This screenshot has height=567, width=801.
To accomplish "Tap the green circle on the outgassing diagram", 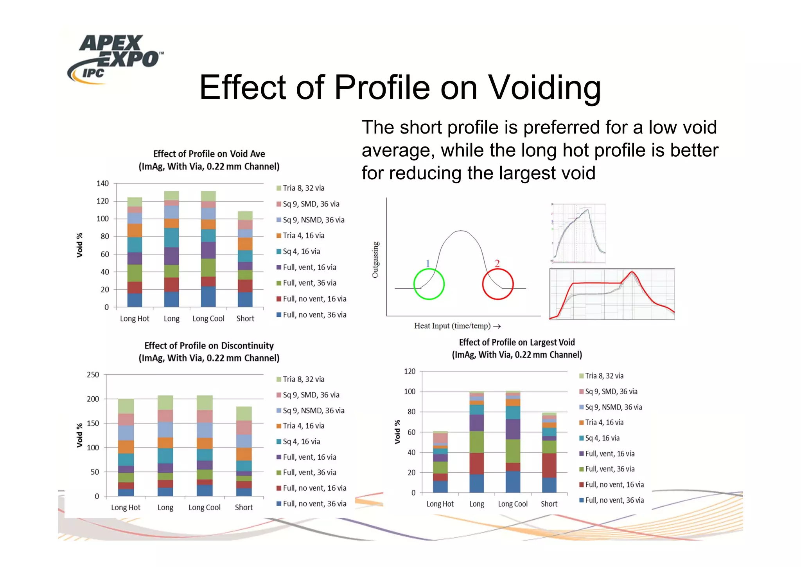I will coord(429,284).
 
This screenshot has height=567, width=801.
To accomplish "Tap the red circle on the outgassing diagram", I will coord(497,284).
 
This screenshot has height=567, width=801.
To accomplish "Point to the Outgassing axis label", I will coord(375,260).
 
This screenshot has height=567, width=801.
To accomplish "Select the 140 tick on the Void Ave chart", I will coord(102,183).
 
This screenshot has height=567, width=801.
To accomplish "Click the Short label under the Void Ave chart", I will coord(245,319).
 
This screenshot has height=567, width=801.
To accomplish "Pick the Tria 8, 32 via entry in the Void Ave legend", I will coord(303,188).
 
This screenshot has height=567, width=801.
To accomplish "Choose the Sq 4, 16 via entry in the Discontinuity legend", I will coord(301,442).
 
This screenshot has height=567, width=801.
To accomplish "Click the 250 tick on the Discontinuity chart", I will coord(93,375).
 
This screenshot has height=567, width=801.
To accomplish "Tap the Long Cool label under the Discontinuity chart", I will coord(205,507).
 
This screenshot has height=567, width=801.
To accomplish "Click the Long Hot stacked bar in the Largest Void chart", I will coord(440,462).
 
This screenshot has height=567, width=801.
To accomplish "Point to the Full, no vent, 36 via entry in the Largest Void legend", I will coord(614,500).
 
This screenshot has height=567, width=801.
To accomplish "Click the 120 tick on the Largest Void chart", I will coord(409,371).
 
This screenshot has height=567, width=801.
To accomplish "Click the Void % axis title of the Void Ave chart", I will coord(80,245).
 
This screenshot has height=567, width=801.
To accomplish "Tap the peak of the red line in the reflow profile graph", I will coord(632,272).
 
